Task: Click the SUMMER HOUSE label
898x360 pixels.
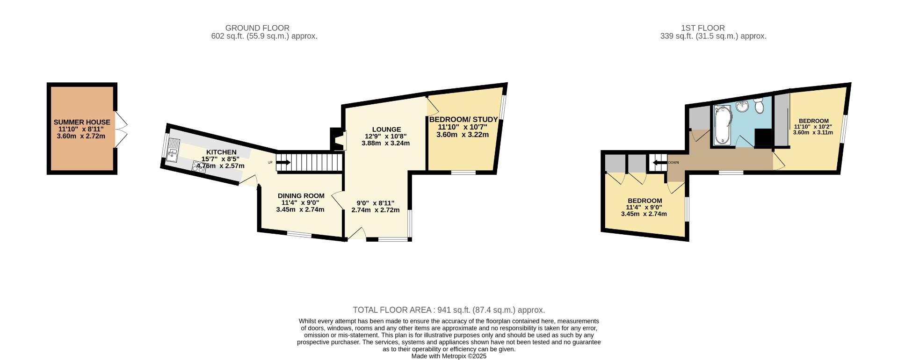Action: pyautogui.click(x=82, y=122)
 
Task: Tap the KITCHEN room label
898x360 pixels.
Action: pyautogui.click(x=221, y=152)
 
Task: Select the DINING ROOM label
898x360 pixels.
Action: pyautogui.click(x=301, y=196)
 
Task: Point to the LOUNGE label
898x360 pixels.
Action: pyautogui.click(x=386, y=130)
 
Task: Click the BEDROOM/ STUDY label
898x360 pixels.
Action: pyautogui.click(x=463, y=120)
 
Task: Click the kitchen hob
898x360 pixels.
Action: pyautogui.click(x=198, y=167)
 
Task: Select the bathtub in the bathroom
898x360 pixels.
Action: pyautogui.click(x=722, y=125)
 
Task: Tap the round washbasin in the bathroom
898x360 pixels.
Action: pyautogui.click(x=742, y=107)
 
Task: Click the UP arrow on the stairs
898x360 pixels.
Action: pyautogui.click(x=283, y=163)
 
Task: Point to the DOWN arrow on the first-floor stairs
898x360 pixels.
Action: pyautogui.click(x=659, y=163)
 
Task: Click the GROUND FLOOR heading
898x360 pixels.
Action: pyautogui.click(x=257, y=28)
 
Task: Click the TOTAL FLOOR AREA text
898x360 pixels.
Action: pyautogui.click(x=449, y=310)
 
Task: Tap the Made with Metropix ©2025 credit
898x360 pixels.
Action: pyautogui.click(x=449, y=356)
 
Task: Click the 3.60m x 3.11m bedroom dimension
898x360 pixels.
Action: pyautogui.click(x=813, y=132)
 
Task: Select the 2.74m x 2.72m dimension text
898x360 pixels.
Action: pyautogui.click(x=375, y=210)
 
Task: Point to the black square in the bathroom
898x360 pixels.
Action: pyautogui.click(x=763, y=138)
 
